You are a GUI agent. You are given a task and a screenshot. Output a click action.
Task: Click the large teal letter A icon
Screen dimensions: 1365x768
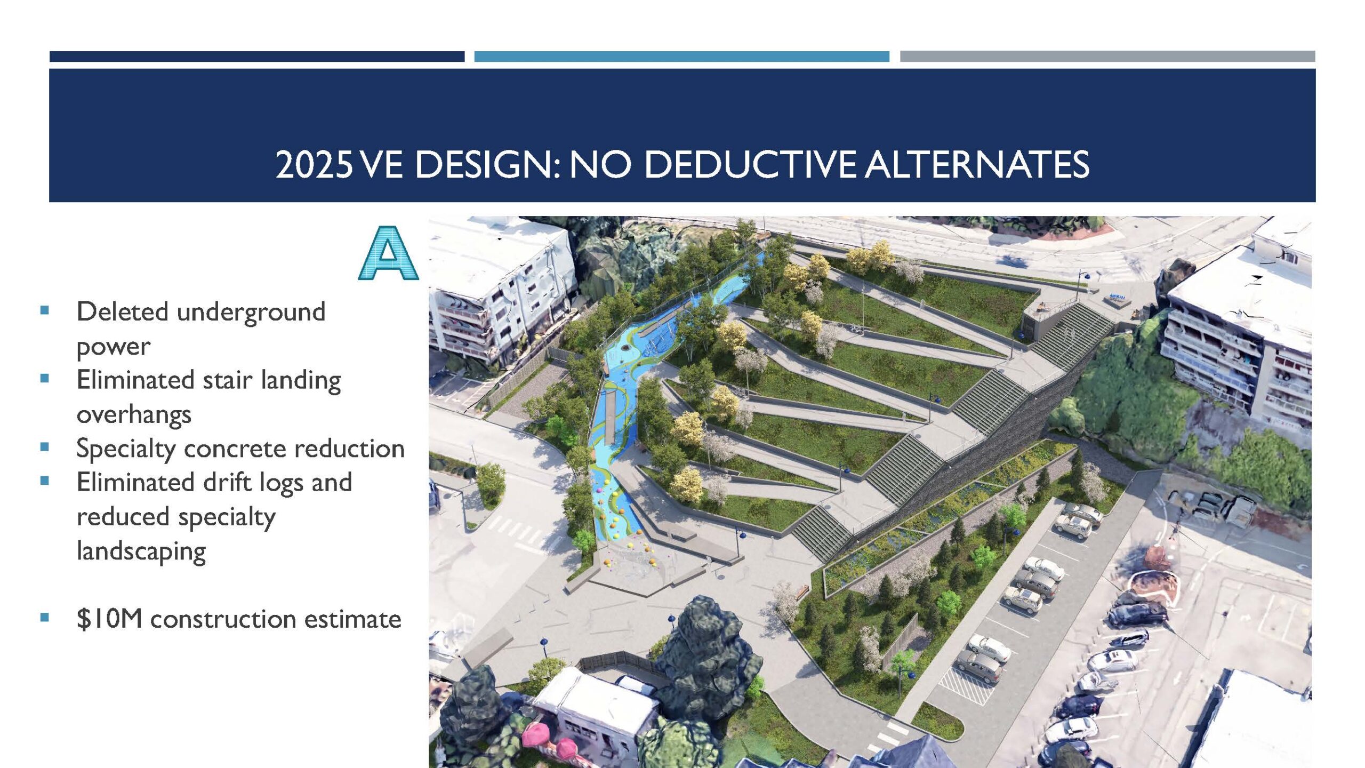(x=388, y=253)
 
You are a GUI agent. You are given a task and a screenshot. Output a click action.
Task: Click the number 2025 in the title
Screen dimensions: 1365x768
(x=314, y=164)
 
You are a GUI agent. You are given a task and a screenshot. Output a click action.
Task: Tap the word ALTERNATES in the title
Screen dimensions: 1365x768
(x=977, y=164)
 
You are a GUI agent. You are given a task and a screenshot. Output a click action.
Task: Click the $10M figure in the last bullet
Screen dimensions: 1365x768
(x=109, y=619)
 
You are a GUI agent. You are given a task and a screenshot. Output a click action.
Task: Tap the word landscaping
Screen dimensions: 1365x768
(x=141, y=551)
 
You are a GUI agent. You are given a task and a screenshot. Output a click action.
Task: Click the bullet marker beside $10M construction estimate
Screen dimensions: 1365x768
(x=45, y=618)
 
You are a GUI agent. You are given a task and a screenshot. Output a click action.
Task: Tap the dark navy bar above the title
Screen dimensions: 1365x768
(x=257, y=57)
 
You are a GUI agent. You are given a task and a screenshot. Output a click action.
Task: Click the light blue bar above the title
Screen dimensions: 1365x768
(x=682, y=57)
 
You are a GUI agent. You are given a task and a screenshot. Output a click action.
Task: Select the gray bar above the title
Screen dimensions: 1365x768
(x=1108, y=57)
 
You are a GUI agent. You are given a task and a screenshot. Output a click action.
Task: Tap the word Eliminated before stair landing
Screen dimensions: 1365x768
(x=135, y=380)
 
